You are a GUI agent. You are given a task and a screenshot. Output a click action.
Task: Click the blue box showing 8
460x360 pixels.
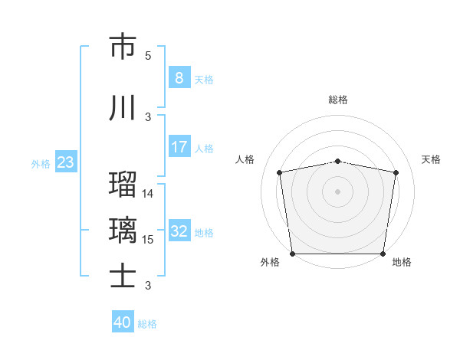coord(179,78)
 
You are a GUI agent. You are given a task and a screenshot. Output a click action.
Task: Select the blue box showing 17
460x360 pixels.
coord(179,147)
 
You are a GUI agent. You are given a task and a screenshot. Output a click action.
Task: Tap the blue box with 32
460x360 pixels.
coord(179,231)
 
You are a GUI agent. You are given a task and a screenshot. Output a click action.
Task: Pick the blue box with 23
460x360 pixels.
coord(65,162)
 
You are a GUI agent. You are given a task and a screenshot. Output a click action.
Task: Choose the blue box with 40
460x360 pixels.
coord(123,322)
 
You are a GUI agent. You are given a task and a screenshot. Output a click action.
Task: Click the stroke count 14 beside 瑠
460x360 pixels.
coord(148,194)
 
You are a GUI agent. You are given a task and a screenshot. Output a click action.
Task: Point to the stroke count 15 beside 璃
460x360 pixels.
coord(148,240)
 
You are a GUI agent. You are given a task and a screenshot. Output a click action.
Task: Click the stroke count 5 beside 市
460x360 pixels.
coord(148,56)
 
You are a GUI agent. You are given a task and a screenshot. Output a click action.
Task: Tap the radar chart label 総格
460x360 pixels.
coord(338,100)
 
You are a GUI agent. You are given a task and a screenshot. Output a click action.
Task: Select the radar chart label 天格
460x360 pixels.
coord(431,159)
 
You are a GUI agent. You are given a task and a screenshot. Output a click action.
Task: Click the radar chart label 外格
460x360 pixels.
coord(270,263)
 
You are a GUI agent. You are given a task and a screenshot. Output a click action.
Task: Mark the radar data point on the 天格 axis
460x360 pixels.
coord(396,172)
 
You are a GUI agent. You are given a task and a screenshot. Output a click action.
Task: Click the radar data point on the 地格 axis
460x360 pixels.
coord(383,254)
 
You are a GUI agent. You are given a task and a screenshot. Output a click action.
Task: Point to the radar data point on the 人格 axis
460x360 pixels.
coord(280,172)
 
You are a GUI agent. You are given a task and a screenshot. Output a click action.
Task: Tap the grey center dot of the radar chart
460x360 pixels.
coord(338,191)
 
